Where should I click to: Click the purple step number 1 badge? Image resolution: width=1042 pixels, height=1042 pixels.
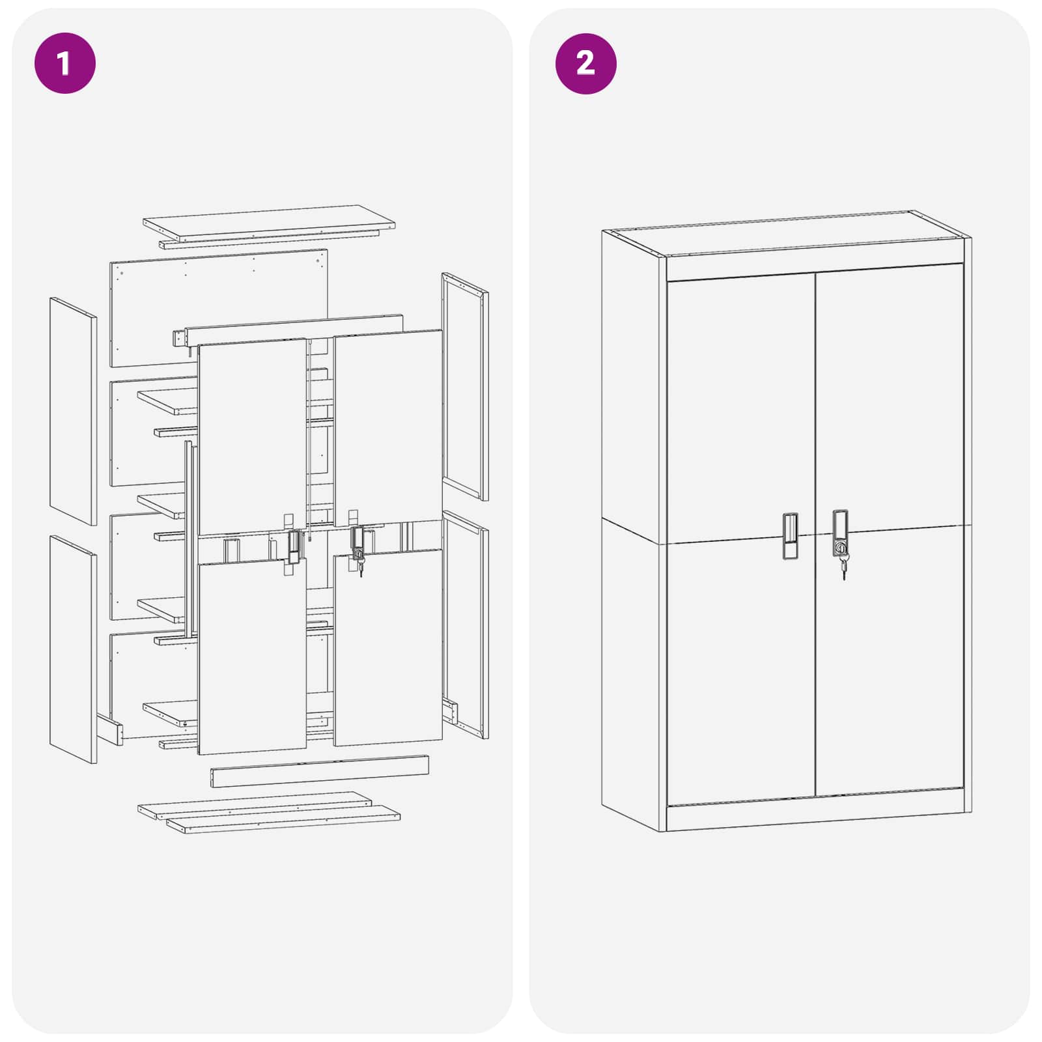(x=64, y=63)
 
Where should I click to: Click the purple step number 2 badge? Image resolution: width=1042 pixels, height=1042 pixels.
(x=585, y=63)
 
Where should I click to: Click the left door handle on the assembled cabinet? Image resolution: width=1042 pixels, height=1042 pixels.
(x=790, y=536)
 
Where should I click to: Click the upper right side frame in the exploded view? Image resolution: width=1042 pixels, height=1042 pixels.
(x=465, y=386)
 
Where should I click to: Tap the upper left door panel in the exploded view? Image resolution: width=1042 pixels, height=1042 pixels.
(x=251, y=436)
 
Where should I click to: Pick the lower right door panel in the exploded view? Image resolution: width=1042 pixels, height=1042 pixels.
(x=388, y=648)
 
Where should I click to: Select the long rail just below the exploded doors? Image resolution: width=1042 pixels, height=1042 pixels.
(x=319, y=771)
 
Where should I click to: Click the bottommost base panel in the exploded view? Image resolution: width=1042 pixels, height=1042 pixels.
(x=284, y=819)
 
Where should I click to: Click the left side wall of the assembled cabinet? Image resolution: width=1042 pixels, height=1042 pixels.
(x=630, y=521)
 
